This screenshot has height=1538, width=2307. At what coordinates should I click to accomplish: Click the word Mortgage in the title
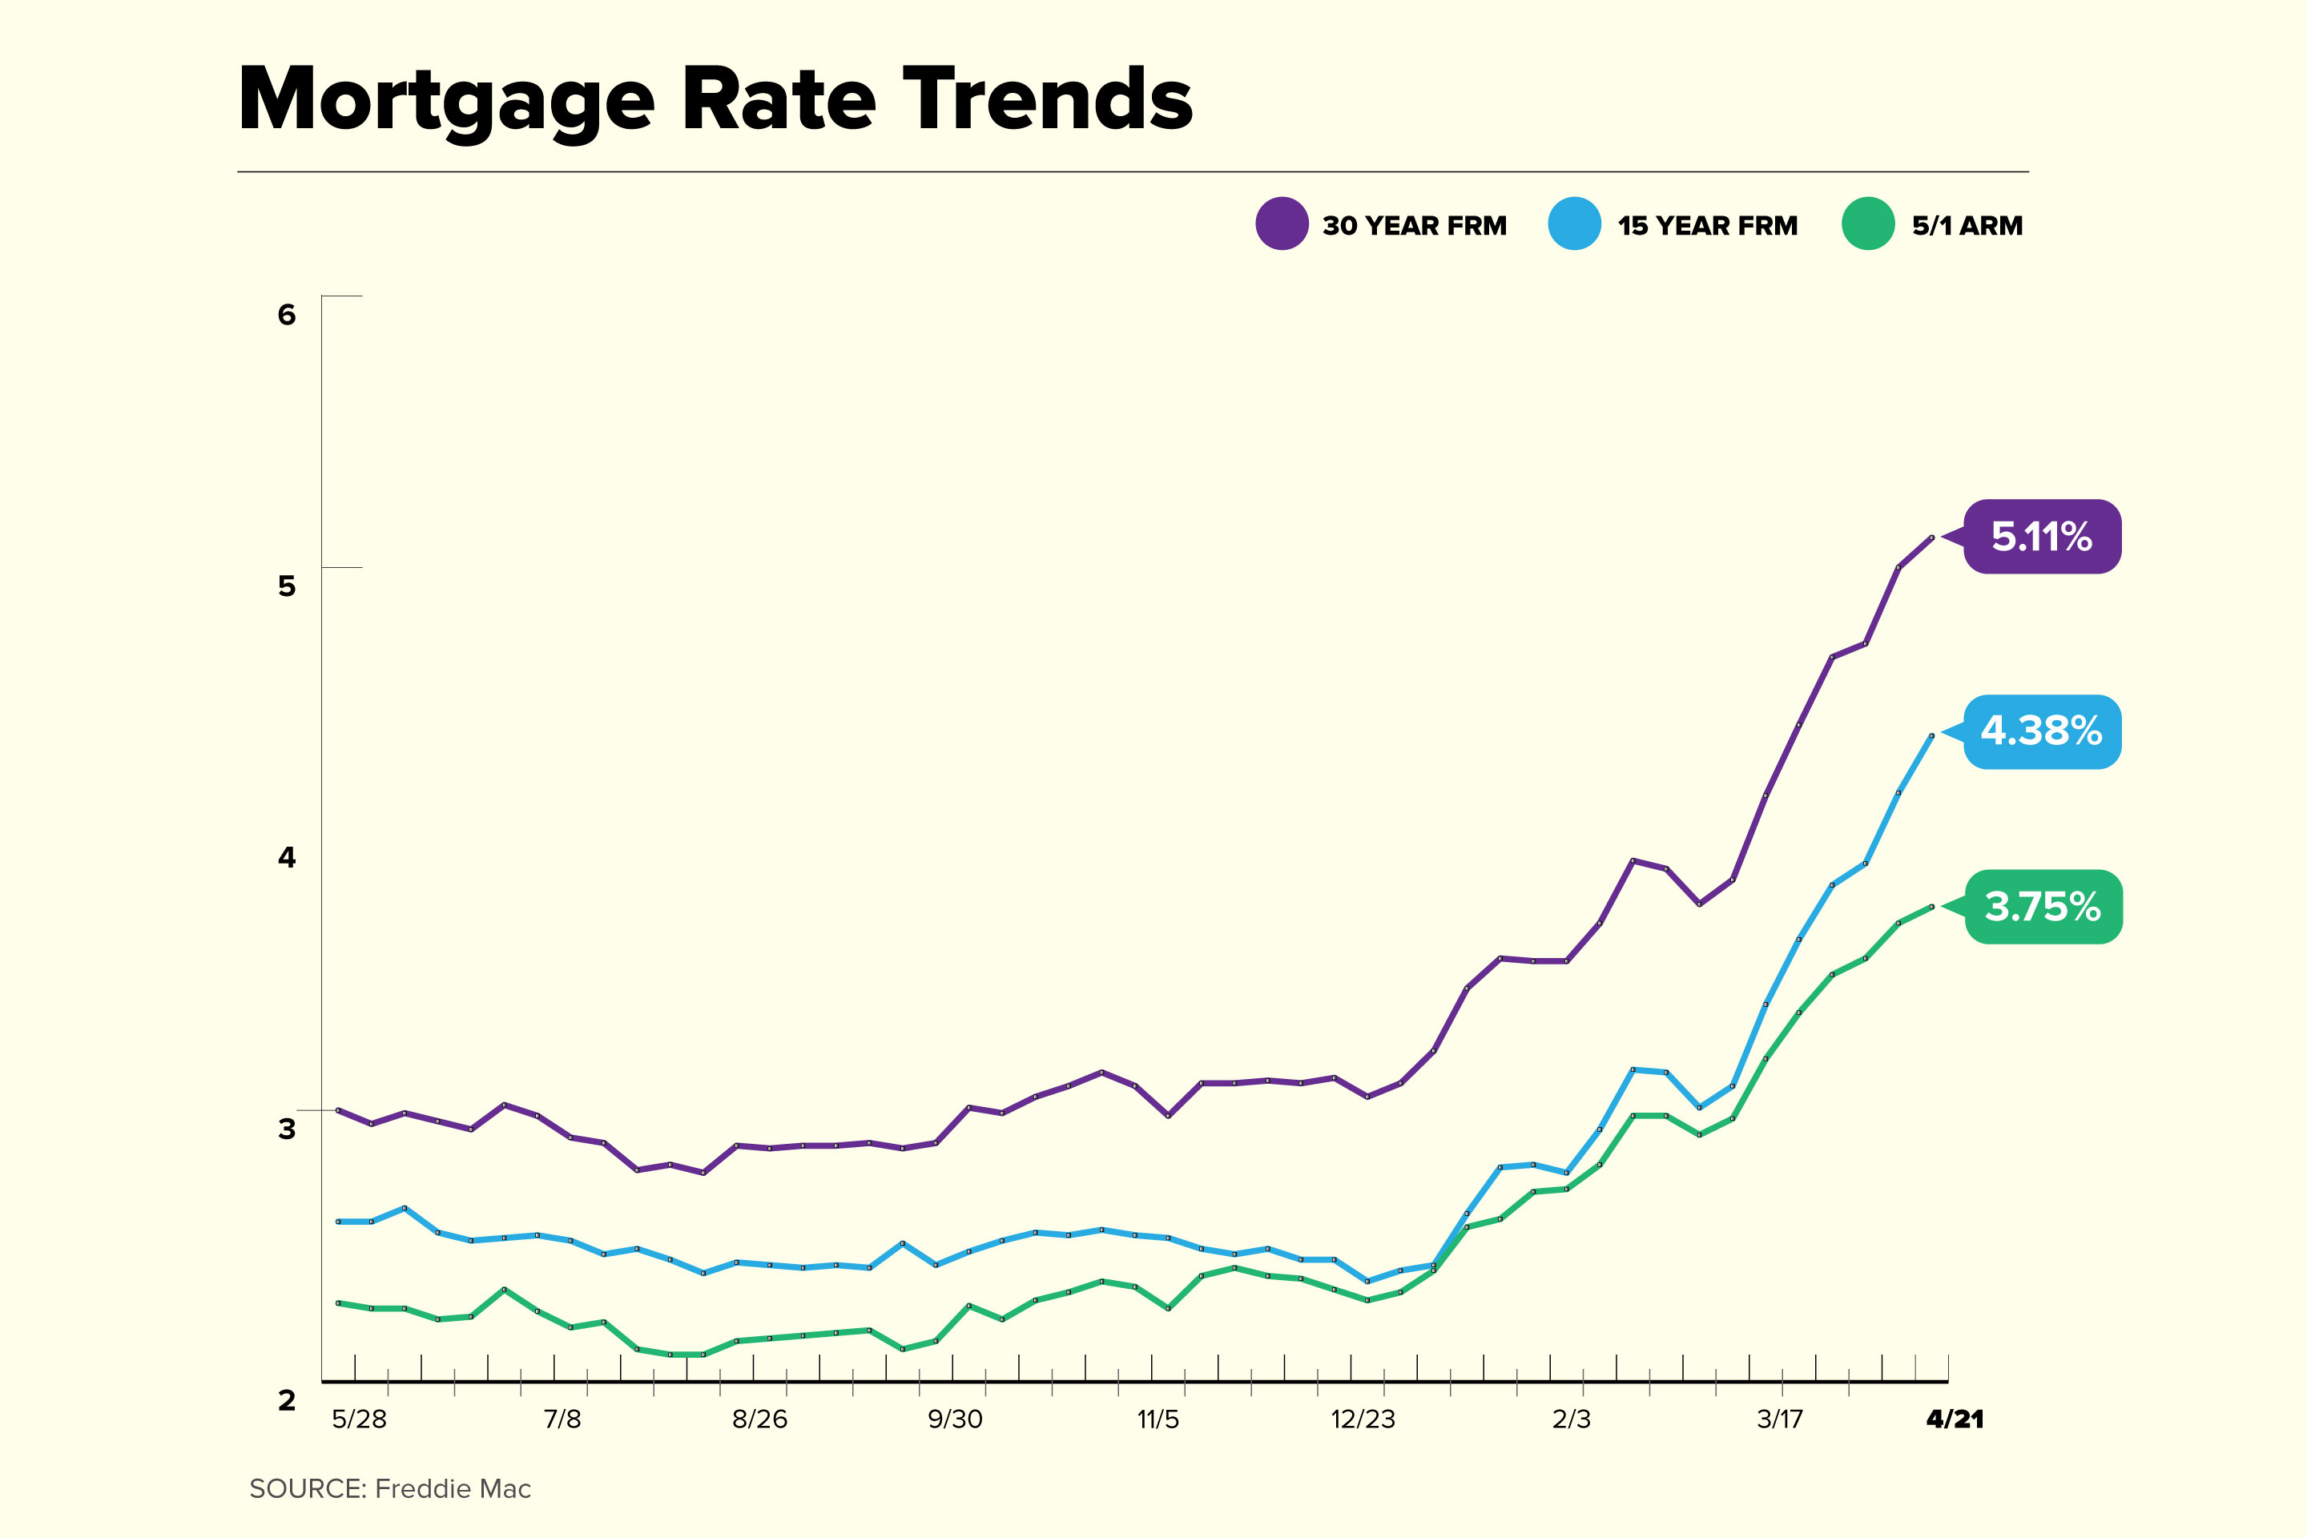pos(446,100)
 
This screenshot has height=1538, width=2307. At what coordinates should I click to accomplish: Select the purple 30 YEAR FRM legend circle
pos(1281,223)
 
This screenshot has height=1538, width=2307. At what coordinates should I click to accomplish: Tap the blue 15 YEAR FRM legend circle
pos(1574,223)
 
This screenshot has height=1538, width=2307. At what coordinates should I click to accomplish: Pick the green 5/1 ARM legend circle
pos(1867,223)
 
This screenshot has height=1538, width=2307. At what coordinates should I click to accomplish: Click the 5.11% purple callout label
pos(2042,537)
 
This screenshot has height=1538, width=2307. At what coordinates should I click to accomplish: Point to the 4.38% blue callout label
pos(2042,731)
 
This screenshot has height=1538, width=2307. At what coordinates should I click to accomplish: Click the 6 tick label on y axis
pos(287,315)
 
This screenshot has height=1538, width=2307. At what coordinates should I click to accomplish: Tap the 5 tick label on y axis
pos(287,586)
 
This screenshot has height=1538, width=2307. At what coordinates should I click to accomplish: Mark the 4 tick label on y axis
pos(287,857)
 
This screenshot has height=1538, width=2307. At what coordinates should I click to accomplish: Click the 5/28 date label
pos(359,1419)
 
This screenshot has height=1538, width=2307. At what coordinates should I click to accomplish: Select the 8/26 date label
pos(759,1419)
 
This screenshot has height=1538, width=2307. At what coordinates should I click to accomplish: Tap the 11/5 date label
pos(1158,1419)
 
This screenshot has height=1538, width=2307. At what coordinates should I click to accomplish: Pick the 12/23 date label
pos(1363,1419)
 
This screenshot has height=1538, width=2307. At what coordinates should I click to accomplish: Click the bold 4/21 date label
pos(1954,1419)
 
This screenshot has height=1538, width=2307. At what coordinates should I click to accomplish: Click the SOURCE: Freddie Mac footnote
pos(389,1489)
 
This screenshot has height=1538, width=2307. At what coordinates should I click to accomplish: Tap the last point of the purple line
pos(1931,537)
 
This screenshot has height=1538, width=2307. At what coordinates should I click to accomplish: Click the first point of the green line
pos(337,1302)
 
